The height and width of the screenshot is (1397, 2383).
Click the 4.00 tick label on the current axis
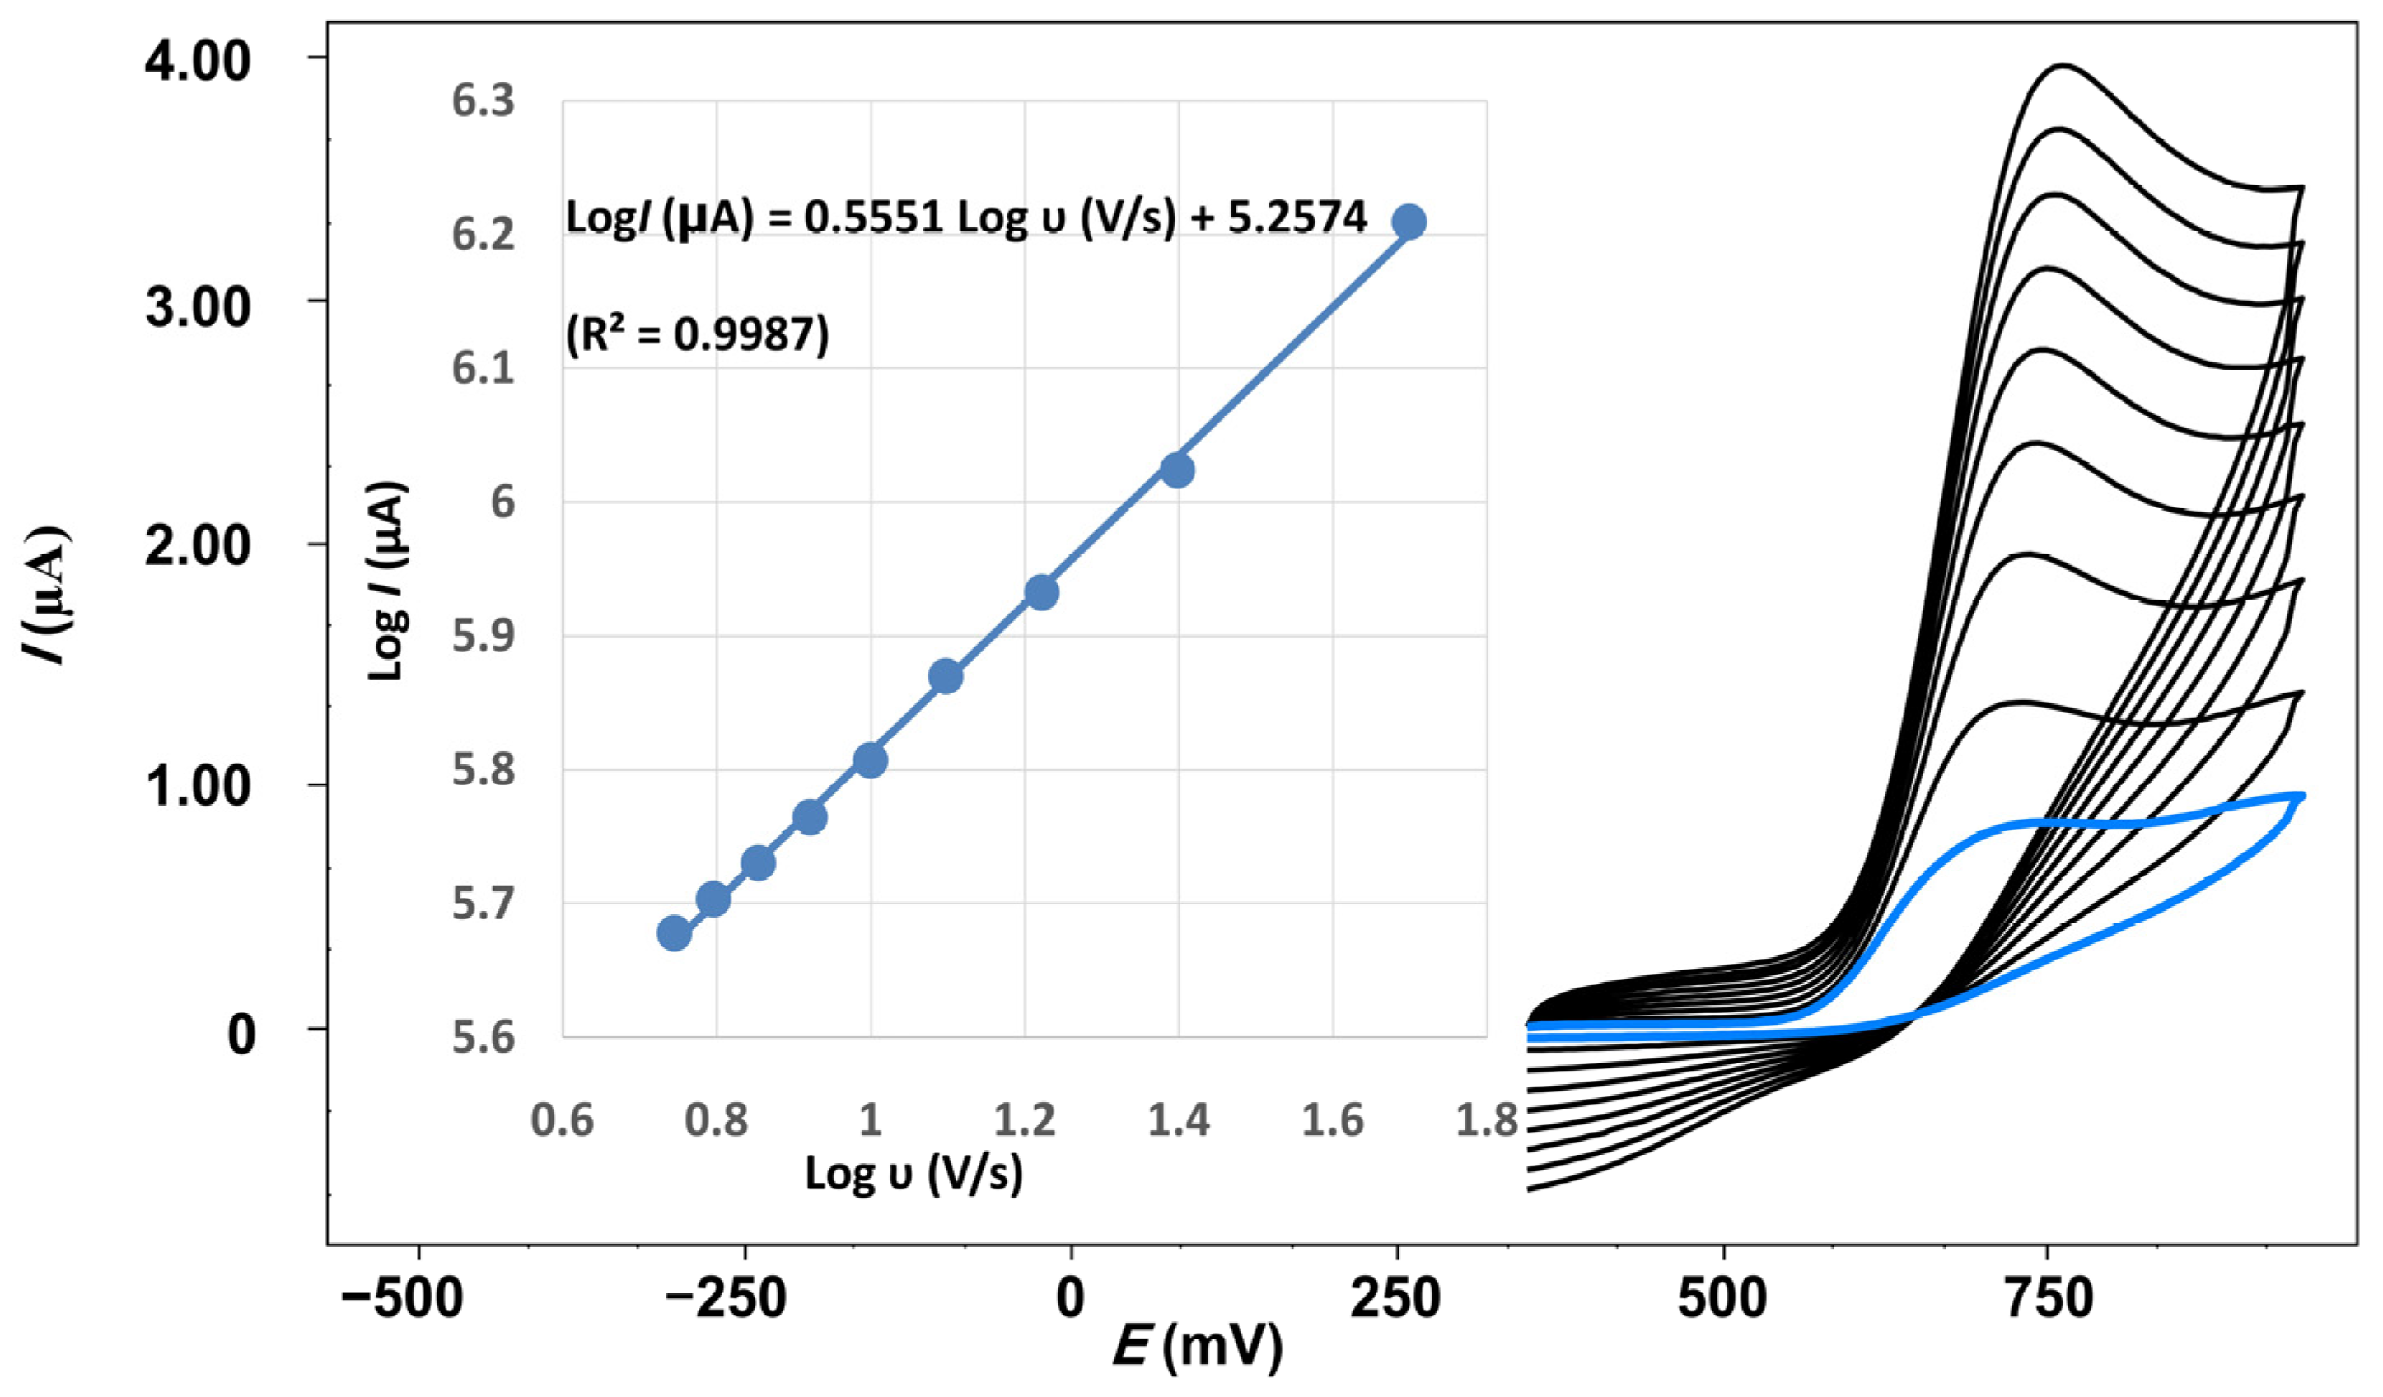point(197,62)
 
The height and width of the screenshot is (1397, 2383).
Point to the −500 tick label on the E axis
point(403,1299)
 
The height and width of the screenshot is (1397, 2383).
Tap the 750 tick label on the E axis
point(2049,1299)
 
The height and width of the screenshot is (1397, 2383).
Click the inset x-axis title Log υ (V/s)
point(913,1174)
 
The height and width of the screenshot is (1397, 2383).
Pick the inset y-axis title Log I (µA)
point(387,581)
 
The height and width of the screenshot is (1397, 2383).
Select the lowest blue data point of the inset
point(673,933)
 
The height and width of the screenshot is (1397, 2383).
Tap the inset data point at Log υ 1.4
point(1176,470)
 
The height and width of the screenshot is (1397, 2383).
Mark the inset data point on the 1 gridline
point(870,759)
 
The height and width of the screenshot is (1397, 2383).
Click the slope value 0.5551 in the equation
point(874,218)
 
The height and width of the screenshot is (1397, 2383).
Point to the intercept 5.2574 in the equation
point(1297,218)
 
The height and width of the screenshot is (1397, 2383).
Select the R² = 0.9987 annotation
point(697,334)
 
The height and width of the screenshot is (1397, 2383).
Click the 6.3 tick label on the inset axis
point(484,100)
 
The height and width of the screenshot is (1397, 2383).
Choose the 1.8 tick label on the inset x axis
point(1486,1120)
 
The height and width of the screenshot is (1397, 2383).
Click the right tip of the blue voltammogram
point(2301,796)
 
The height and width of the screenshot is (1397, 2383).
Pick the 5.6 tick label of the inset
point(484,1037)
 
